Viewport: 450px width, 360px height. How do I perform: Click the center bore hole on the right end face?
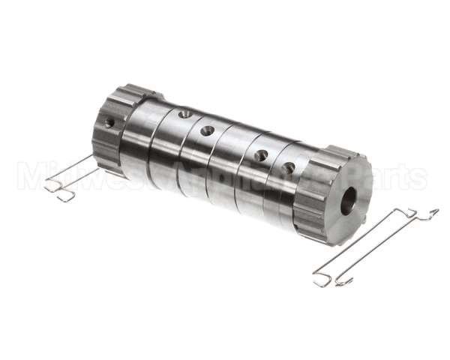tap(348, 201)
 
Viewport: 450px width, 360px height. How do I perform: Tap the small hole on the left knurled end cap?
tap(109, 122)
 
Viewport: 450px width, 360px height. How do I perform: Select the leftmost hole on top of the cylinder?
tap(184, 114)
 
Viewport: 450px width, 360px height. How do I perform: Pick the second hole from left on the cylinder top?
tap(208, 130)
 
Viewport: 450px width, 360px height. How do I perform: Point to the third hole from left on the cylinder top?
tap(261, 155)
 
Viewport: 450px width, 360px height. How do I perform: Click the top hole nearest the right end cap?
tap(289, 168)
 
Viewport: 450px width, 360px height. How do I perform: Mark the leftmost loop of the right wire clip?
tap(321, 279)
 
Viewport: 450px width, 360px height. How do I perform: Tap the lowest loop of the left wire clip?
tap(66, 197)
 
